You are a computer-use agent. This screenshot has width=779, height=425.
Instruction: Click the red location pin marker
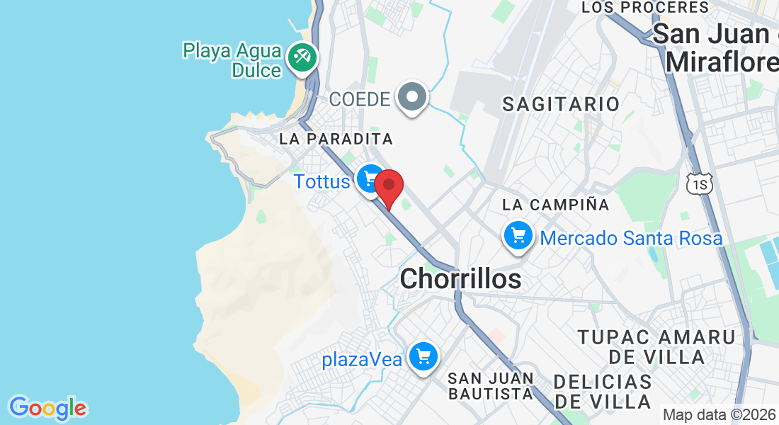click(x=389, y=187)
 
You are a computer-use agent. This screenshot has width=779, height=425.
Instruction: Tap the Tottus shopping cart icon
click(x=370, y=178)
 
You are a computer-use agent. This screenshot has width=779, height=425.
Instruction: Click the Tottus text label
click(x=322, y=182)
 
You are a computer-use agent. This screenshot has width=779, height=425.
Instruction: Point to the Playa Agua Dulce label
click(x=232, y=60)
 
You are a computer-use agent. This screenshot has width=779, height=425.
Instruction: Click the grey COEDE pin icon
click(x=412, y=96)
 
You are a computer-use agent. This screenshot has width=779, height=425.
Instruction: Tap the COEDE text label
click(x=360, y=99)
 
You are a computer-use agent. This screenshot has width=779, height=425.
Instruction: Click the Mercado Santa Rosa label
click(x=631, y=238)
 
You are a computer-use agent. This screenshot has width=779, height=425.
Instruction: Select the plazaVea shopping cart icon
click(x=424, y=356)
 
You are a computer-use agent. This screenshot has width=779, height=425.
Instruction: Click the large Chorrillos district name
click(x=460, y=279)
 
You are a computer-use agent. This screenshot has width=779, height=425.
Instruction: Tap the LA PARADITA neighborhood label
click(x=336, y=139)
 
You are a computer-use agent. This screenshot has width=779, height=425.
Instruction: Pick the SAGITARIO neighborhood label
click(x=561, y=104)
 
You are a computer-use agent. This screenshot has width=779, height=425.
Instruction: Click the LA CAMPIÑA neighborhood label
click(x=556, y=205)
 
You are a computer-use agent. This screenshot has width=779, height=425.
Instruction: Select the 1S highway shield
click(x=698, y=183)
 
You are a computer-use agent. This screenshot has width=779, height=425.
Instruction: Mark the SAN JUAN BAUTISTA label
click(x=490, y=385)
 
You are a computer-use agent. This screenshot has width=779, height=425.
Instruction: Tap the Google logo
click(x=47, y=408)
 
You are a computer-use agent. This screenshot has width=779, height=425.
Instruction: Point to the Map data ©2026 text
click(x=718, y=414)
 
